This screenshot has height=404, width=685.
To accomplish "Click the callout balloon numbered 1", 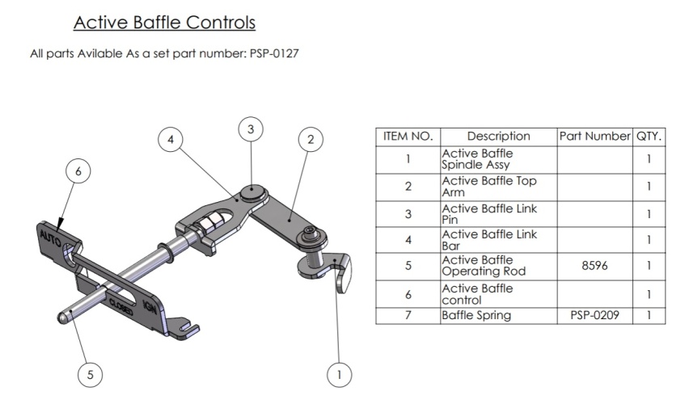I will pyautogui.click(x=339, y=373).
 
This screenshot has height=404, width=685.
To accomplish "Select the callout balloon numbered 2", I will pyautogui.click(x=310, y=139).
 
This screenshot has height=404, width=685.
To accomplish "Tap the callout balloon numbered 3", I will pyautogui.click(x=251, y=128).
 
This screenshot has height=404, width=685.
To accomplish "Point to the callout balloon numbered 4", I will pyautogui.click(x=170, y=139).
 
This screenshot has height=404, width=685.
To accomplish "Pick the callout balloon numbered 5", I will pyautogui.click(x=91, y=374).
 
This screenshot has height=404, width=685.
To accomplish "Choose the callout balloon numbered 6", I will pyautogui.click(x=78, y=171).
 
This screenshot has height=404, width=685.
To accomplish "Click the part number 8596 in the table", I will pyautogui.click(x=594, y=266).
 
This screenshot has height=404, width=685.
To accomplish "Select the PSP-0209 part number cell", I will pyautogui.click(x=594, y=315).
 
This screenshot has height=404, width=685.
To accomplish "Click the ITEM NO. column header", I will pyautogui.click(x=408, y=136).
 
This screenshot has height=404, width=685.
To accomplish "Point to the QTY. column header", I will pyautogui.click(x=649, y=136).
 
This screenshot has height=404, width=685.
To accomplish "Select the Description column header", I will pyautogui.click(x=498, y=136).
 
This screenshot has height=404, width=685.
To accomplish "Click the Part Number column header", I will pyautogui.click(x=594, y=136).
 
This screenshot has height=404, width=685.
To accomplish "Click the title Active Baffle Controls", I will pyautogui.click(x=164, y=23).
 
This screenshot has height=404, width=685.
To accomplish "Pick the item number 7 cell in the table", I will pyautogui.click(x=408, y=315).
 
